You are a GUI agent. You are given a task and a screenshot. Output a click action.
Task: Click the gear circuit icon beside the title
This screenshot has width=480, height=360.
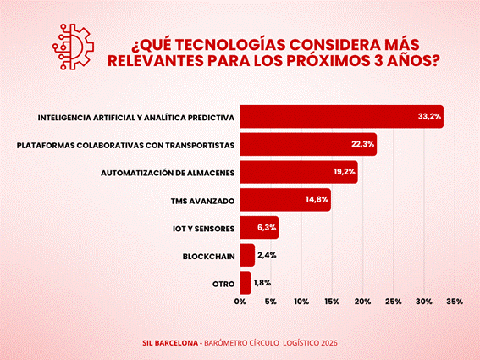[x=73, y=47]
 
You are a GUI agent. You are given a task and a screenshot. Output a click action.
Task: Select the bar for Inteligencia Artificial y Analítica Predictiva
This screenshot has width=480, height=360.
[x=342, y=116]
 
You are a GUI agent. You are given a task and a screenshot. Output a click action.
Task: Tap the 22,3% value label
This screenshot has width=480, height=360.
[x=363, y=144]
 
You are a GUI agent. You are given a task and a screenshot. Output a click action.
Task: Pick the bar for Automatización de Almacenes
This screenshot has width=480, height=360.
[x=299, y=172]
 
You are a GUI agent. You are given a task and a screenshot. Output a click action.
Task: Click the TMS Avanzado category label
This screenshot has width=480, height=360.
[x=202, y=201]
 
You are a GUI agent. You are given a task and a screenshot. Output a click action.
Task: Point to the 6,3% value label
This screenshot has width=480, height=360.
[x=267, y=227]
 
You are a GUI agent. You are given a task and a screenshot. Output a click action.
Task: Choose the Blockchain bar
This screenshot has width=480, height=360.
[x=247, y=255]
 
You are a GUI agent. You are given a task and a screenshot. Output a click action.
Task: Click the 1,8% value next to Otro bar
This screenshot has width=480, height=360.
[x=262, y=283]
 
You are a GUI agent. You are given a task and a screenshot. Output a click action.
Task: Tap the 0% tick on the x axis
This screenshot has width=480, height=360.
[x=240, y=302]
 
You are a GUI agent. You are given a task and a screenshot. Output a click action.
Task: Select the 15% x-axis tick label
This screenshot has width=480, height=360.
[x=332, y=302]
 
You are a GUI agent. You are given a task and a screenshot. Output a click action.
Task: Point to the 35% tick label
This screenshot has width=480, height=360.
[x=455, y=302]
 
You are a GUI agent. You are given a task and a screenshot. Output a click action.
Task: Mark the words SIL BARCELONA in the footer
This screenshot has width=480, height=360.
[x=170, y=343]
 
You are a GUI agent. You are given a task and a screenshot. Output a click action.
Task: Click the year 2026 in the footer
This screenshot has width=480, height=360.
[x=329, y=343]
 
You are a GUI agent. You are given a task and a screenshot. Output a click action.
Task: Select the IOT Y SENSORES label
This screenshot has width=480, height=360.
[x=203, y=229]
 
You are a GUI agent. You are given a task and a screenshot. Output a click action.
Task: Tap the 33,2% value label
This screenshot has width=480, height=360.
[x=429, y=116]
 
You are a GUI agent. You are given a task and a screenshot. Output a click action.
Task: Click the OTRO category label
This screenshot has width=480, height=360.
[x=223, y=285]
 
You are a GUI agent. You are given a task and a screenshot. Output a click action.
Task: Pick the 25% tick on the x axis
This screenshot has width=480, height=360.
[x=394, y=302]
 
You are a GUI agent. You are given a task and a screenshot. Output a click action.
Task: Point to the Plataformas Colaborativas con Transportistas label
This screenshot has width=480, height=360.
[x=125, y=145]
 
